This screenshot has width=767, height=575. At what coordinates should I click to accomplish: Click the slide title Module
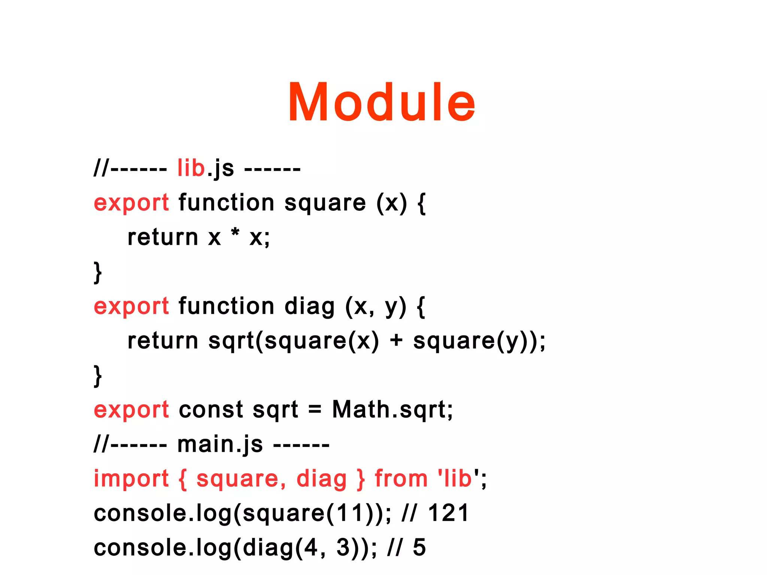click(381, 102)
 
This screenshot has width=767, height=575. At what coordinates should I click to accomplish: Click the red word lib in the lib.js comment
click(191, 168)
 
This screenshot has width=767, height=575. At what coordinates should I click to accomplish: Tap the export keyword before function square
click(131, 203)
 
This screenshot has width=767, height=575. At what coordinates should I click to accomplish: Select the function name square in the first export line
click(325, 203)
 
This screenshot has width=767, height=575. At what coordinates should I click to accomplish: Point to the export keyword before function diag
click(131, 306)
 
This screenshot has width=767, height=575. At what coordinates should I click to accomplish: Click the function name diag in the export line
click(309, 306)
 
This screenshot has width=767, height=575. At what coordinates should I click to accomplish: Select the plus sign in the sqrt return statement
click(396, 341)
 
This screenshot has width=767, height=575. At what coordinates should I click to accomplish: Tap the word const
click(211, 410)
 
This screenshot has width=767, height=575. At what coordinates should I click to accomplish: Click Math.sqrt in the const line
click(392, 410)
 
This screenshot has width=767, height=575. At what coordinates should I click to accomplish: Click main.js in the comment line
click(220, 444)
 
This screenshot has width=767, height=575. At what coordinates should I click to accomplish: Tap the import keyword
click(131, 479)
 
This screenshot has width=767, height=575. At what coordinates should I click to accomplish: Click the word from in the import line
click(401, 479)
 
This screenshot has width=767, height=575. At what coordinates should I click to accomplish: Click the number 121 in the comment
click(448, 513)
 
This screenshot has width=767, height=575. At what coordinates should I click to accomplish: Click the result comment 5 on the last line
click(419, 548)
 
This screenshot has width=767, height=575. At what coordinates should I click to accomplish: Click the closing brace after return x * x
click(97, 273)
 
